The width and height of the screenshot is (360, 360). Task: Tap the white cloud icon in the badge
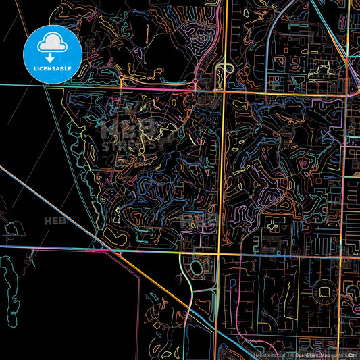pyautogui.click(x=53, y=42)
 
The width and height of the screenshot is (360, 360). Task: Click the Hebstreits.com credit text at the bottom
pyautogui.click(x=264, y=354)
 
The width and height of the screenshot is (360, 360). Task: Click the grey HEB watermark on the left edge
pyautogui.click(x=52, y=221)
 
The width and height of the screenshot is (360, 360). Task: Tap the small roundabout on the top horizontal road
pyautogui.click(x=122, y=85)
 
